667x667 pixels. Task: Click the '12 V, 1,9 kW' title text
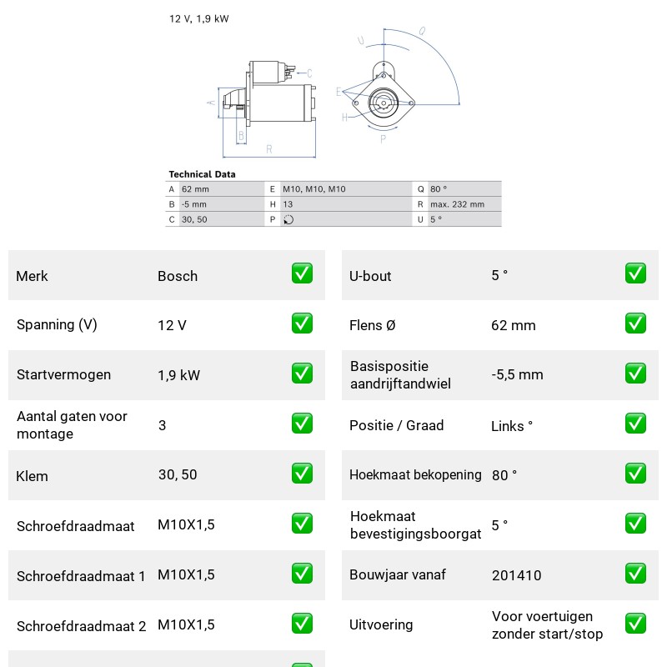(199, 18)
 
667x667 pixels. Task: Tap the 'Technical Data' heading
(202, 174)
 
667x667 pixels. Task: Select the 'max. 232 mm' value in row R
(457, 204)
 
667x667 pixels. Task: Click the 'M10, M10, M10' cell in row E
(314, 189)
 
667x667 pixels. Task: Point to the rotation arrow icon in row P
(288, 219)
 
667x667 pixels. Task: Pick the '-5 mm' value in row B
(194, 204)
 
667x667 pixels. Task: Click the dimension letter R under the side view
(268, 149)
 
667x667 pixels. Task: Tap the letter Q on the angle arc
(422, 31)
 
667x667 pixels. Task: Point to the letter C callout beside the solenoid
(309, 73)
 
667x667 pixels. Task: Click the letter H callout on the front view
(344, 118)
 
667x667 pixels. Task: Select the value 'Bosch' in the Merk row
(178, 276)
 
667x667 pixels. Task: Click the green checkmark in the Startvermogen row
(302, 373)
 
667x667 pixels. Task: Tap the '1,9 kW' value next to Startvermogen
(178, 375)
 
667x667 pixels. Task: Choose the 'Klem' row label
(32, 476)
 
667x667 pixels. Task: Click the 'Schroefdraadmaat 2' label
(81, 626)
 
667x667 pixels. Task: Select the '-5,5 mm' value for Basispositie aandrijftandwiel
(517, 374)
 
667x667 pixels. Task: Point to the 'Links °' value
(512, 426)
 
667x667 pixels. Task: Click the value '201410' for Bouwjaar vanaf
(516, 575)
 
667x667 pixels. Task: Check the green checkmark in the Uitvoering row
(635, 623)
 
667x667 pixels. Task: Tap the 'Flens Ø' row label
(372, 325)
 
